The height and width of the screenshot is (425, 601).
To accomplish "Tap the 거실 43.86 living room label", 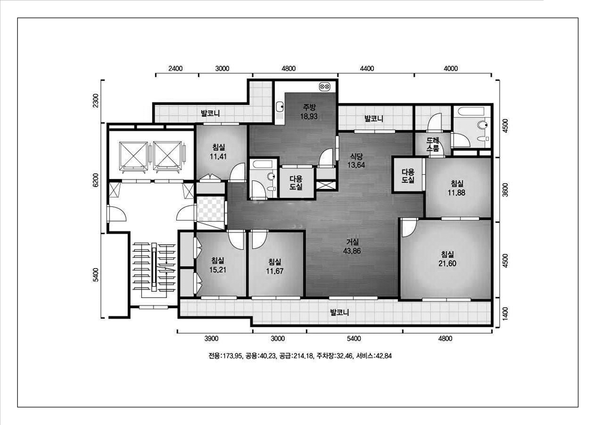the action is pos(352,246).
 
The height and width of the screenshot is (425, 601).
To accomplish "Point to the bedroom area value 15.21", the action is pos(218,270).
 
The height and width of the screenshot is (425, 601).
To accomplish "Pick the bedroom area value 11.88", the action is pos(457,193).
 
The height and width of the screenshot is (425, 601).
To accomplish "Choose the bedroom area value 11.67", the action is pos(275,271).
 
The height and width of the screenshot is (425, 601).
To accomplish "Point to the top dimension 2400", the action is pos(175,69).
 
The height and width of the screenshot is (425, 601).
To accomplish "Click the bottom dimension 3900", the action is pos(211,339).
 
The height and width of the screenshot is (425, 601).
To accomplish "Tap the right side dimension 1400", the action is pos(505,313).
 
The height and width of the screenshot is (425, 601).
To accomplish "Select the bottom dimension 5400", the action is pos(354,339).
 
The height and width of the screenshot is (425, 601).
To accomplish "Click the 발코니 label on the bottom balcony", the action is pos(340,312).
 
